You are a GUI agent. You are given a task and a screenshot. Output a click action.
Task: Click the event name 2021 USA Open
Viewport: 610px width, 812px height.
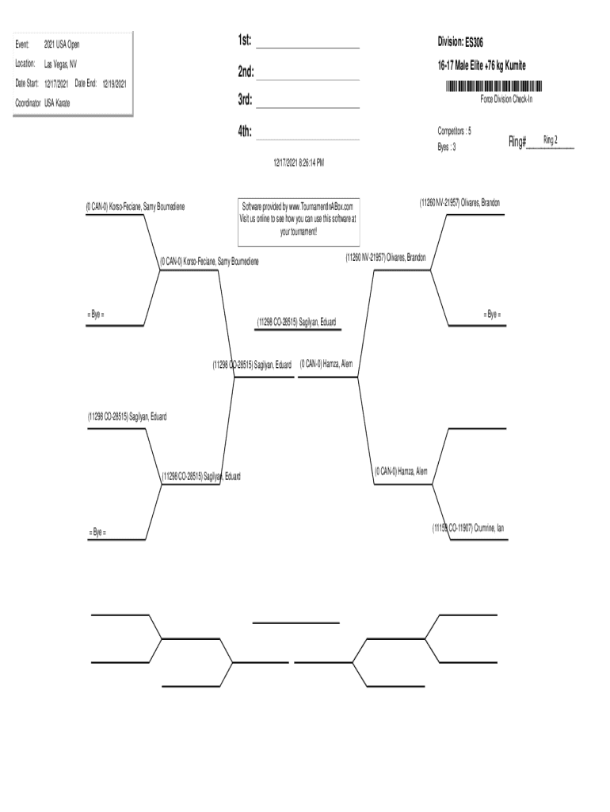(x=61, y=46)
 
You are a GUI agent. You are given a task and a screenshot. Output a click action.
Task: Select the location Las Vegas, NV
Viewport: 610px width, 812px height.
(x=60, y=64)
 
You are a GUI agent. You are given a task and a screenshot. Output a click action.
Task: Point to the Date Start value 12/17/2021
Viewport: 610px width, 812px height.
(x=56, y=83)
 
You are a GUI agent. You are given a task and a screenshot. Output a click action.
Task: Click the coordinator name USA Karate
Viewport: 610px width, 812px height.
(x=57, y=102)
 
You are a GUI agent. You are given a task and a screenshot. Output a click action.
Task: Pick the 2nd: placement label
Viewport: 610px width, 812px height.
(x=245, y=72)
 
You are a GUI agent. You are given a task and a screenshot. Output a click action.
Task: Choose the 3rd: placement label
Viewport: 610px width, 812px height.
(x=245, y=100)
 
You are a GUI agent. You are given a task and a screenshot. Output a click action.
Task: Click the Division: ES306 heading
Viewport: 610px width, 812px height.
(x=460, y=41)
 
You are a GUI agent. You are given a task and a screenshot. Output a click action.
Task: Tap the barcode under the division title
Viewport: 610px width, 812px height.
(x=494, y=86)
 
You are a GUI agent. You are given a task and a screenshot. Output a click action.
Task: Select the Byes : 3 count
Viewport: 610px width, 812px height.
(x=447, y=147)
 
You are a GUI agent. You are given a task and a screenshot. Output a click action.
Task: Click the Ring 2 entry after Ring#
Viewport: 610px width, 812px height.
(x=550, y=140)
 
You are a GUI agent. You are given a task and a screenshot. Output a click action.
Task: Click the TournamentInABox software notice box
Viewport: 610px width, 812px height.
(x=299, y=218)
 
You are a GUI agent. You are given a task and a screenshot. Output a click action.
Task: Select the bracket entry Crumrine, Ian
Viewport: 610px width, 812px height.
(x=467, y=527)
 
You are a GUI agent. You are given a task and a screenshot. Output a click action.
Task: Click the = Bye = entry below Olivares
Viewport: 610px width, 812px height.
(x=492, y=315)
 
